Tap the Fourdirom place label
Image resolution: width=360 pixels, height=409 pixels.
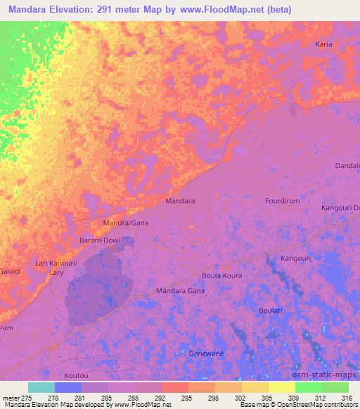(283, 200)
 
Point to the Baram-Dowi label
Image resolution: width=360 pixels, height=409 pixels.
(98, 240)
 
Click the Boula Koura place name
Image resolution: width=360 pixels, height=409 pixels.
(221, 275)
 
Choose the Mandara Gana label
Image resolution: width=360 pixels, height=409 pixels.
(180, 290)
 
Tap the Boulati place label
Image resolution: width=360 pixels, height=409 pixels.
(270, 310)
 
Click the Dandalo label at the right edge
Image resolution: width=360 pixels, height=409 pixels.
(347, 166)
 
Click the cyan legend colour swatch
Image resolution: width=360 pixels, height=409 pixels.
(41, 387)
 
